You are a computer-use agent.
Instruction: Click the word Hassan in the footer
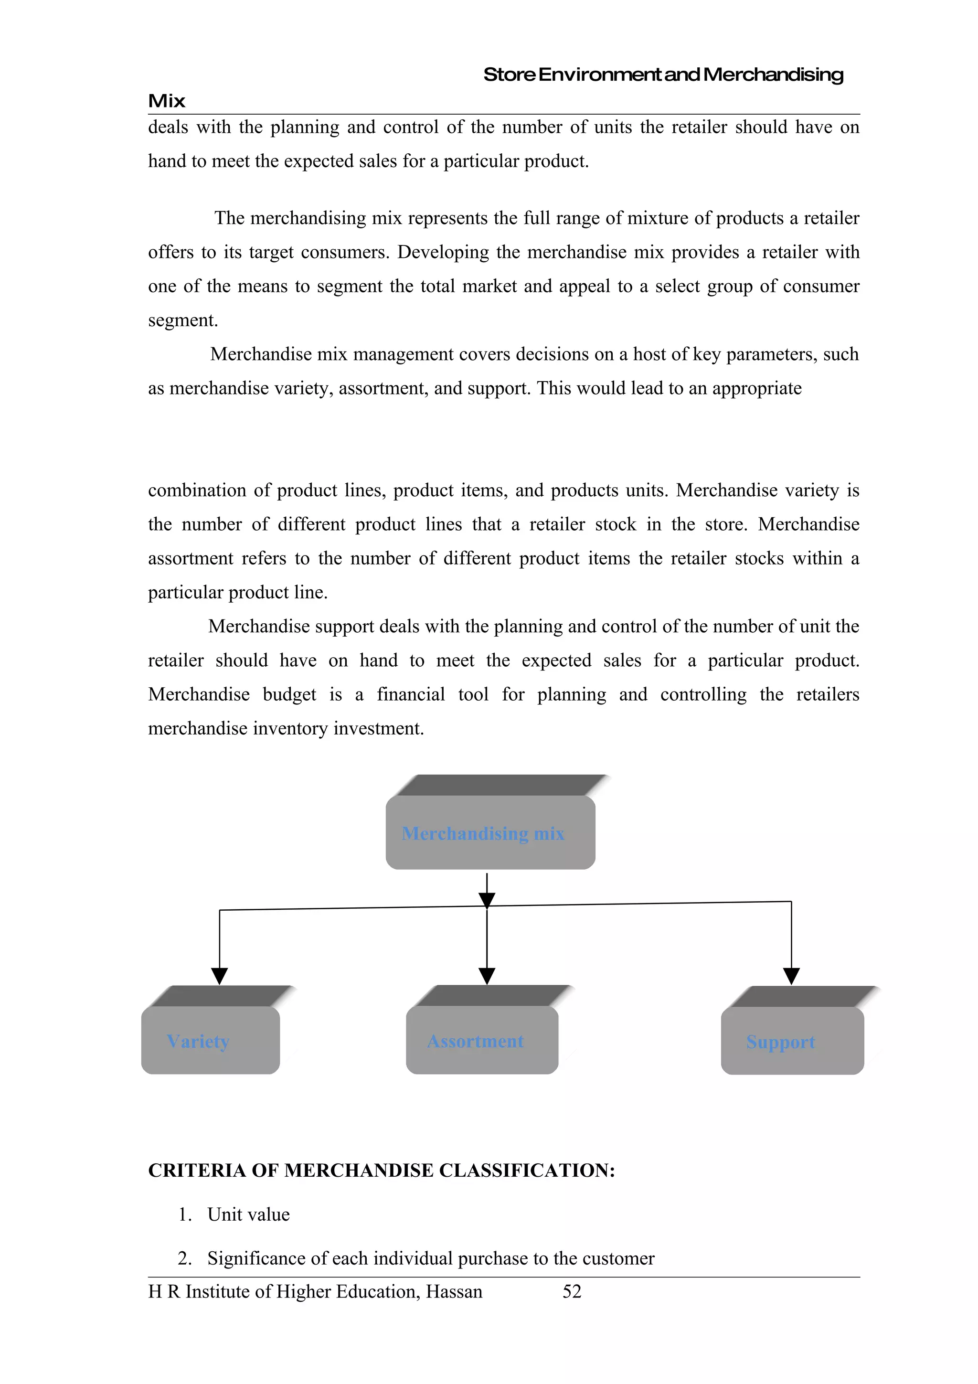454,1291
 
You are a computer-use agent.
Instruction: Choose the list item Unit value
248,1214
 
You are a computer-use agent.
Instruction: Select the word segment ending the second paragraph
182,320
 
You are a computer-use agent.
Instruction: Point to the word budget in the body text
289,694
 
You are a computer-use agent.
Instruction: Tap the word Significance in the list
256,1258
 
